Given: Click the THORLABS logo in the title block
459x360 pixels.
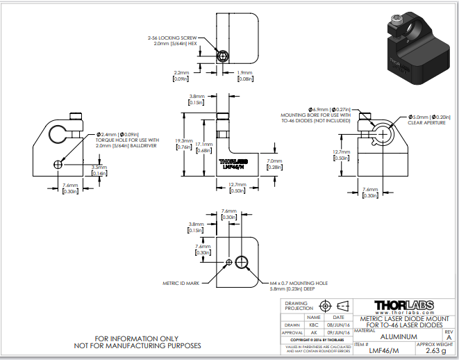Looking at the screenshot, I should point(404,305).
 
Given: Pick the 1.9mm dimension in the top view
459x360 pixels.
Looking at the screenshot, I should point(244,75).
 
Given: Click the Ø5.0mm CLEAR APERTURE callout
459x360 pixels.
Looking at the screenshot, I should point(429,121).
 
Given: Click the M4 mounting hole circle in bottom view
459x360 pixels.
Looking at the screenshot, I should point(242,262).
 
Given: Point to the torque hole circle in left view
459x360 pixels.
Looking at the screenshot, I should point(58,164).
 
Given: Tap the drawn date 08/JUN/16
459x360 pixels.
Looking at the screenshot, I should point(338,324).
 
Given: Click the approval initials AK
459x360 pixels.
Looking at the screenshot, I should point(314,332).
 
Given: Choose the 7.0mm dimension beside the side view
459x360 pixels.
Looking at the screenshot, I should point(274,164).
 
